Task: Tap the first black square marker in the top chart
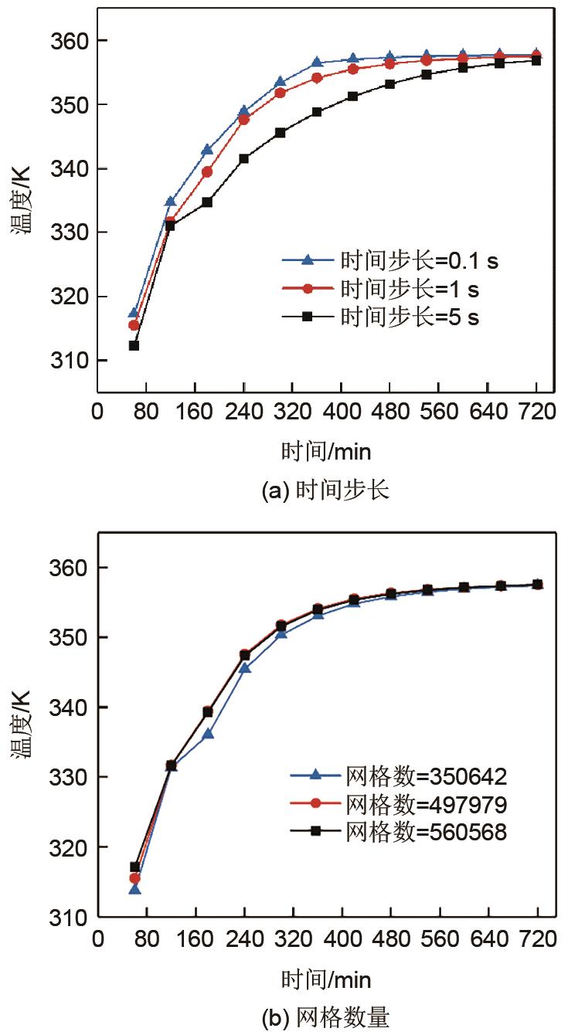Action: (x=134, y=345)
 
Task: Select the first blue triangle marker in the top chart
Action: (x=134, y=313)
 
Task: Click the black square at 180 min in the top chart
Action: (x=207, y=202)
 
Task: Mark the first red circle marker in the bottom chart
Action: (x=134, y=878)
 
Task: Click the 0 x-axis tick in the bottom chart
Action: (x=97, y=939)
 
